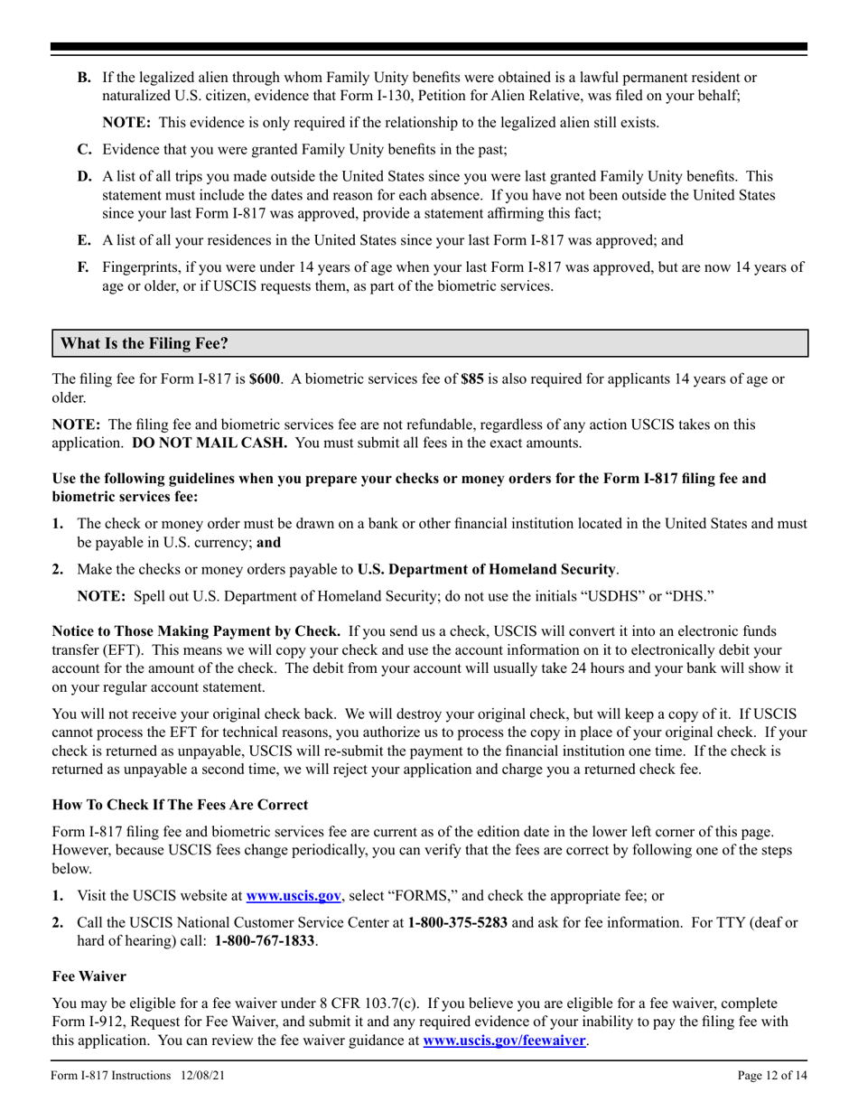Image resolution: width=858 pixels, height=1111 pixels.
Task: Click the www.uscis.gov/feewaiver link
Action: coord(504,1041)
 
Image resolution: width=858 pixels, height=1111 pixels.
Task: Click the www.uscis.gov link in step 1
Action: coord(294,896)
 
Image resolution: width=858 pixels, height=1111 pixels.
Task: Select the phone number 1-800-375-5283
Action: coord(457,923)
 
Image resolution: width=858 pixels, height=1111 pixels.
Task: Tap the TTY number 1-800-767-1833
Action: coord(265,941)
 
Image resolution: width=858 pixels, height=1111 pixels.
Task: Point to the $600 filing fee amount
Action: coord(265,379)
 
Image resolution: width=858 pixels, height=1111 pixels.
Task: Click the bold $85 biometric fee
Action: coord(472,379)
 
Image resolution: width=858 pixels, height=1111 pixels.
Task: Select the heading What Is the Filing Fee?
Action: coord(145,344)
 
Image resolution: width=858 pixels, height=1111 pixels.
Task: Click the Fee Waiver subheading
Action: coord(89,976)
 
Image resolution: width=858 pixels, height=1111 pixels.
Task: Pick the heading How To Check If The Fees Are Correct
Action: coord(180,805)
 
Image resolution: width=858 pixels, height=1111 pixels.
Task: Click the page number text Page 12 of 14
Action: coord(771,1075)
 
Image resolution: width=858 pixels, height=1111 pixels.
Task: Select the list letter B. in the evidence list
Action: coord(84,78)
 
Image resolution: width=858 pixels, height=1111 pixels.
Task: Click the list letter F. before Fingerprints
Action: coord(83,267)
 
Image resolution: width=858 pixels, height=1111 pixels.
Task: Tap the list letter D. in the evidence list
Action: coord(84,176)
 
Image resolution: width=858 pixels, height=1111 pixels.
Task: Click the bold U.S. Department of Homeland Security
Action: coord(487,569)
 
